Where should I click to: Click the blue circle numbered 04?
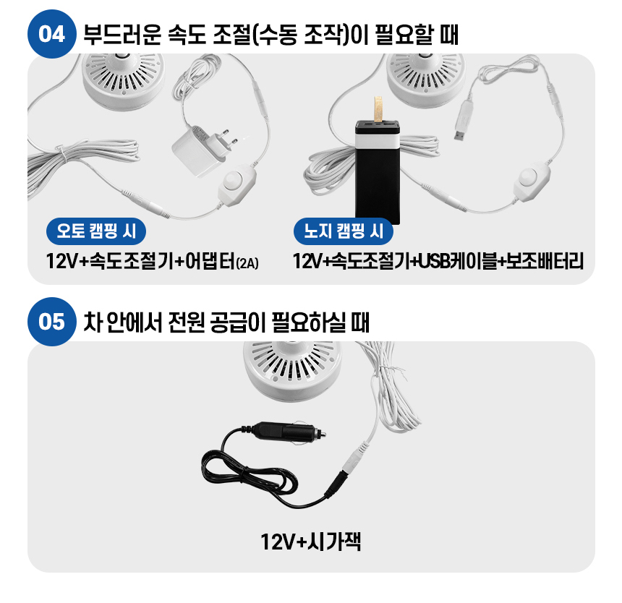pos(51,34)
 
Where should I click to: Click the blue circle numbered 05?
pos(51,322)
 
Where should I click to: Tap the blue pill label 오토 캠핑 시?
pos(96,231)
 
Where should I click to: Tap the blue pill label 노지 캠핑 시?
pos(343,231)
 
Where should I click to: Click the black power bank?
pos(378,171)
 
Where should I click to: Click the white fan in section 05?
pos(292,370)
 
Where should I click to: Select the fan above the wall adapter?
pos(124,80)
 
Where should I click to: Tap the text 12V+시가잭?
pos(310,542)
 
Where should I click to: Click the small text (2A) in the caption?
pos(247,263)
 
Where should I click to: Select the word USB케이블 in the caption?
pos(457,261)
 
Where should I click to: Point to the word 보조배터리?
pos(545,261)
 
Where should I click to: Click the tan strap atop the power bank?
pos(378,108)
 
